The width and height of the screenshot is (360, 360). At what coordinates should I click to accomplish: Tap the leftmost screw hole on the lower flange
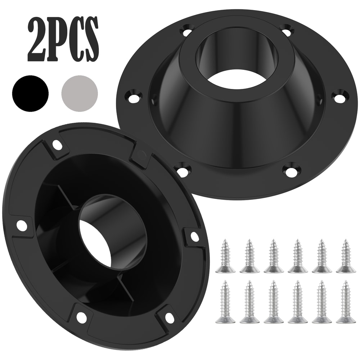point(22,225)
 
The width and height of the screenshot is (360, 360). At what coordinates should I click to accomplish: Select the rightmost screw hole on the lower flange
point(194,237)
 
